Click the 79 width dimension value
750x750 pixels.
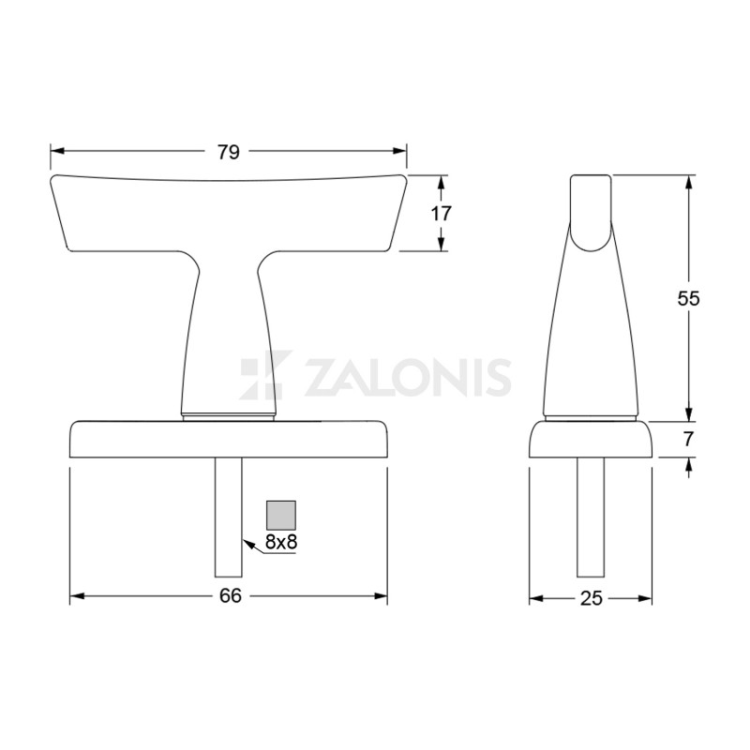tap(229, 152)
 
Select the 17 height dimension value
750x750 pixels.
tap(441, 213)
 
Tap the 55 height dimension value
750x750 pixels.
tap(689, 298)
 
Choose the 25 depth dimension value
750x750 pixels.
tap(591, 596)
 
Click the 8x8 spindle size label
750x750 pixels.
tap(281, 541)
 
